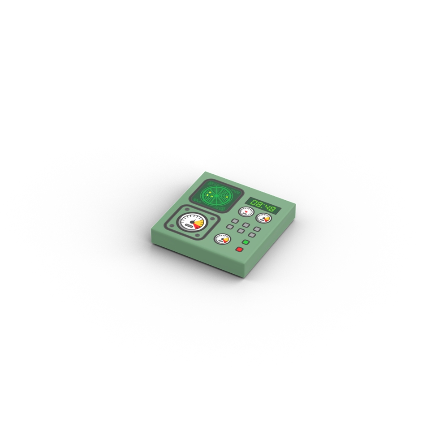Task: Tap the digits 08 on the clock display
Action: tap(257, 203)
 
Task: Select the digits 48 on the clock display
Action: tap(271, 208)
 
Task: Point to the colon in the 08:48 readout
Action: tap(264, 206)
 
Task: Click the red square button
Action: tap(239, 250)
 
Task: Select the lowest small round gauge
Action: tap(222, 239)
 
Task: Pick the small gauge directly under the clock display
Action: tap(263, 218)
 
